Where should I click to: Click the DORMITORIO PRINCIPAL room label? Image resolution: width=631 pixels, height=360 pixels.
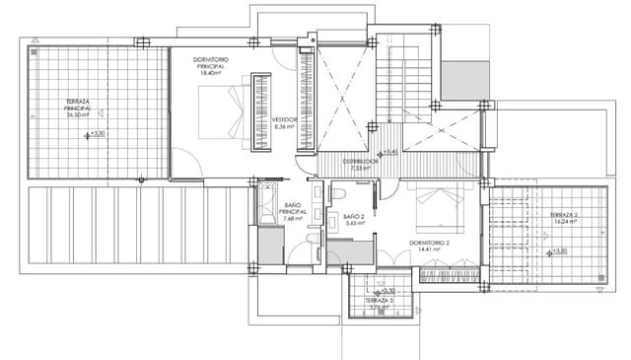[209, 63]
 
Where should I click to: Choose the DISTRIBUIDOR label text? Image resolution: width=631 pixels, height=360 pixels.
[360, 161]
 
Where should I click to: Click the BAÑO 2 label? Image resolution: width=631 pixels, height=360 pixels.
[354, 216]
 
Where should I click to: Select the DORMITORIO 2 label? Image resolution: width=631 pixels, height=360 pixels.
[429, 242]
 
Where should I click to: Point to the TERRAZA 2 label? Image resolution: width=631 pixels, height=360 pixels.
[564, 215]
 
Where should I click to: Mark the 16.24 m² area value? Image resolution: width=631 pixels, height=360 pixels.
[564, 223]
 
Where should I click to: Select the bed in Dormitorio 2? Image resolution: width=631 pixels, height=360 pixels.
[437, 204]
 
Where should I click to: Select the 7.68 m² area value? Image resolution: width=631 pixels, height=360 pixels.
[293, 219]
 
